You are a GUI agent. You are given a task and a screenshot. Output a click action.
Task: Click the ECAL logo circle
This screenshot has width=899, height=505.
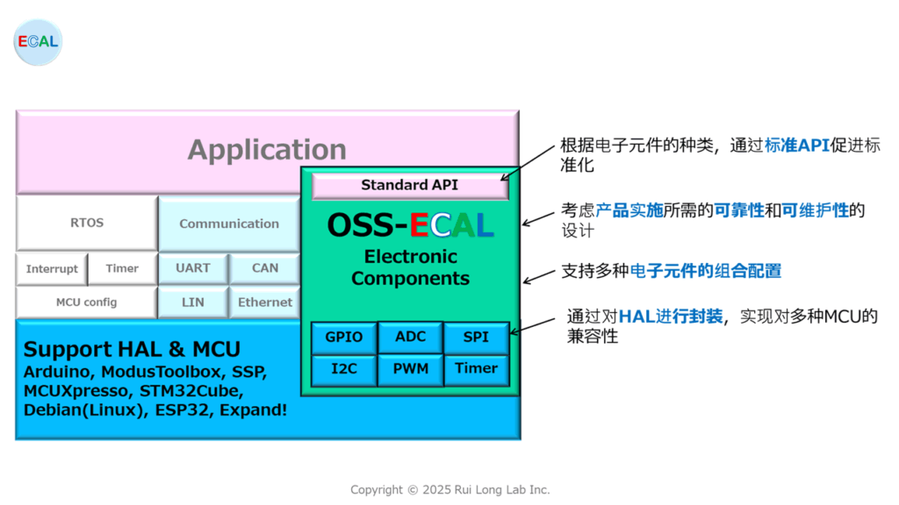pyautogui.click(x=38, y=42)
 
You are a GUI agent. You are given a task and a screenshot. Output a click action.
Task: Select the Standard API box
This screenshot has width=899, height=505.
pyautogui.click(x=410, y=186)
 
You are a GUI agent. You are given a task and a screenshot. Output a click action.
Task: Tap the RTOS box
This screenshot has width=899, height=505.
pyautogui.click(x=87, y=223)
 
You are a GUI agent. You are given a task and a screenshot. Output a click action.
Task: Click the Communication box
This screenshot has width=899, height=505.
pyautogui.click(x=229, y=224)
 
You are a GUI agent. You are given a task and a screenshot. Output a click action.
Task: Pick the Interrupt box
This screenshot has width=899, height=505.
pyautogui.click(x=52, y=268)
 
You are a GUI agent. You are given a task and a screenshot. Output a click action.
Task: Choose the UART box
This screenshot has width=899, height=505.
pyautogui.click(x=193, y=268)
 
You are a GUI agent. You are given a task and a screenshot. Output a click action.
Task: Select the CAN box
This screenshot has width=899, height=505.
pyautogui.click(x=265, y=268)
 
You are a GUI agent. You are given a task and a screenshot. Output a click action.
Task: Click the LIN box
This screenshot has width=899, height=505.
pyautogui.click(x=193, y=302)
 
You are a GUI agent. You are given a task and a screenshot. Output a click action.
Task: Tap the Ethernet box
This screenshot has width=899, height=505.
pyautogui.click(x=265, y=302)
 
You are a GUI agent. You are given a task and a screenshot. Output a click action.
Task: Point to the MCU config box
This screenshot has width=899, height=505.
pyautogui.click(x=87, y=302)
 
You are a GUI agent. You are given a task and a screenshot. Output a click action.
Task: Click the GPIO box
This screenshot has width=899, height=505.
pyautogui.click(x=344, y=338)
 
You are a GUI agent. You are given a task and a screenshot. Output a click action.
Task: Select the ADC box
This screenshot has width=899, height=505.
pyautogui.click(x=411, y=338)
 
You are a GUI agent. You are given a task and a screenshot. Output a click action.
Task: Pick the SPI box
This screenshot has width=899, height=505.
pyautogui.click(x=477, y=338)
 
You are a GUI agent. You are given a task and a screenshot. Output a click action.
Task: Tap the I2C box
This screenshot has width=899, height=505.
pyautogui.click(x=344, y=369)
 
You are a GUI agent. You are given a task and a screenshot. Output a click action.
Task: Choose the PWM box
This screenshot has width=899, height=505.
pyautogui.click(x=411, y=369)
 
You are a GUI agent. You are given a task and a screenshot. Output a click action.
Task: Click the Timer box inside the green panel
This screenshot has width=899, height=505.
pyautogui.click(x=477, y=369)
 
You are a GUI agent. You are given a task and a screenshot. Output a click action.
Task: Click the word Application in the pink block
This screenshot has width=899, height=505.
pyautogui.click(x=267, y=150)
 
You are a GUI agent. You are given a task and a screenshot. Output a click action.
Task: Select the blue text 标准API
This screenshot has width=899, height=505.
pyautogui.click(x=797, y=146)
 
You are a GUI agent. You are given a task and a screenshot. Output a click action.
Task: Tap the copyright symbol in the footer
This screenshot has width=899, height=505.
pyautogui.click(x=413, y=490)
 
